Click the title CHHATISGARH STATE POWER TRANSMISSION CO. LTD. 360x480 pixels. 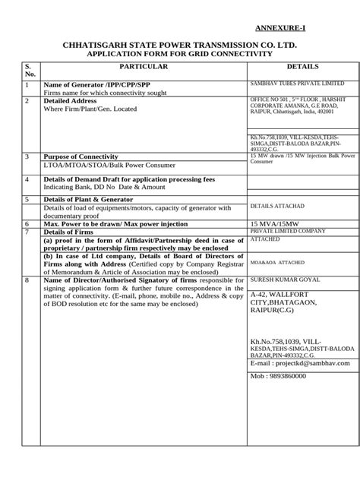[180, 46]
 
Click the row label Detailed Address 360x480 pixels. [76, 100]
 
